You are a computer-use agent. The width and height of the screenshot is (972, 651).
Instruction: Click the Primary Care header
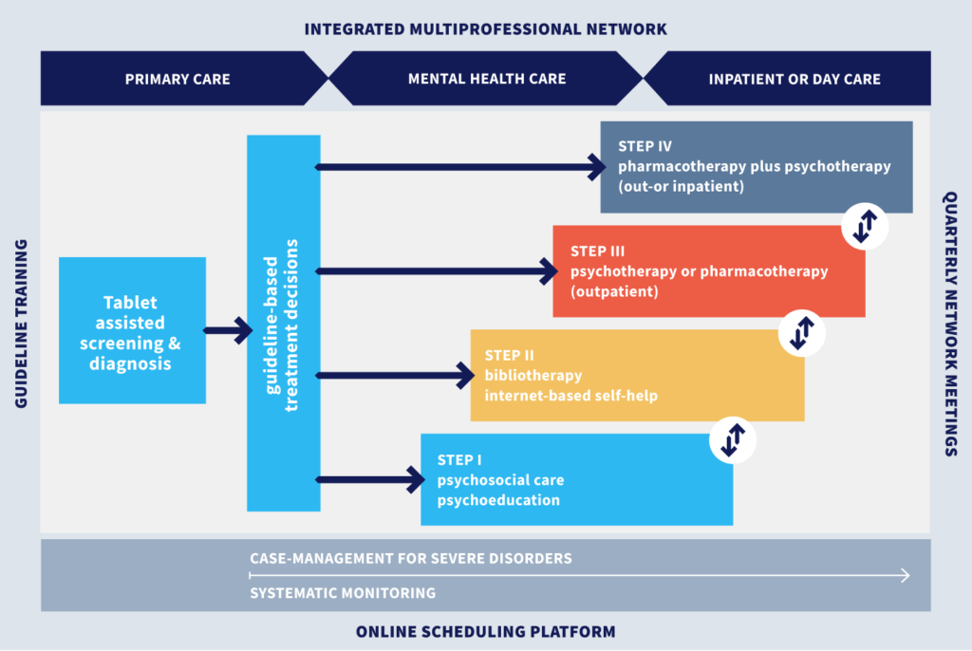(178, 79)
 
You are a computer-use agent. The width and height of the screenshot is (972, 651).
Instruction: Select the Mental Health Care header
(486, 79)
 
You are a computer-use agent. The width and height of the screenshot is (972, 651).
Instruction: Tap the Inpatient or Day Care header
(794, 79)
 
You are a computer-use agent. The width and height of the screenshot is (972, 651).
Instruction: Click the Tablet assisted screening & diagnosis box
(132, 330)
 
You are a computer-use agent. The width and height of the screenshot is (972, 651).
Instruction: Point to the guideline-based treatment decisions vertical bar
(284, 323)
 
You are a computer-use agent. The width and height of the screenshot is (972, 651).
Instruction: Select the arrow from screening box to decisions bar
(227, 330)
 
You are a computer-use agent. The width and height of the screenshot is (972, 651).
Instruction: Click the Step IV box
(756, 167)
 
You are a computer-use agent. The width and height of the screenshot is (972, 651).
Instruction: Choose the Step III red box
(708, 271)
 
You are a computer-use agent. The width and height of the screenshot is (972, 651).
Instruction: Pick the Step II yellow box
(637, 375)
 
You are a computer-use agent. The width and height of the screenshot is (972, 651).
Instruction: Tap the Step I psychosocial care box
(576, 479)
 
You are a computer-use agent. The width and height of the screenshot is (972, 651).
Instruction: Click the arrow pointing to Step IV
(459, 168)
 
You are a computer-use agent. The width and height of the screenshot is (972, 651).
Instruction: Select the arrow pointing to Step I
(370, 479)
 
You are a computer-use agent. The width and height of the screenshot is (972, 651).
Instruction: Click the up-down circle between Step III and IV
(865, 226)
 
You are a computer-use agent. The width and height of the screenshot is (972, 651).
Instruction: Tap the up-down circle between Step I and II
(733, 439)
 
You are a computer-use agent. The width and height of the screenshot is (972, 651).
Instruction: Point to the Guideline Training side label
(22, 324)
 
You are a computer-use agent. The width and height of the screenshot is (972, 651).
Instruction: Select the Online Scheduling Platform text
(485, 631)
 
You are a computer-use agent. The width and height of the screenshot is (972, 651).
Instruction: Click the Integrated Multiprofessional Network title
(485, 29)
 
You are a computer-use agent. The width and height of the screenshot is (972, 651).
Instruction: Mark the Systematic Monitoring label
(343, 593)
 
